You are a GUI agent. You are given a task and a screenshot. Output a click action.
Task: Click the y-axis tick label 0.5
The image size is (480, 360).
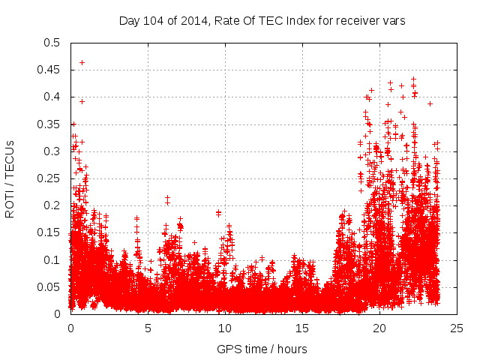pyautogui.click(x=52, y=43)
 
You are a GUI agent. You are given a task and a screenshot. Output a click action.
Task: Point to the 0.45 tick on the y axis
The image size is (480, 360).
pyautogui.click(x=50, y=70)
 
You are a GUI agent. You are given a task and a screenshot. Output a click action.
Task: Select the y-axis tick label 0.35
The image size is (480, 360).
pyautogui.click(x=50, y=124)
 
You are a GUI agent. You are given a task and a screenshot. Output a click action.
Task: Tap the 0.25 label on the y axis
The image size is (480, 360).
pyautogui.click(x=50, y=178)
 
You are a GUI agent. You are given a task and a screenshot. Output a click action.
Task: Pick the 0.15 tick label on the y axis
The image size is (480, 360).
pyautogui.click(x=50, y=232)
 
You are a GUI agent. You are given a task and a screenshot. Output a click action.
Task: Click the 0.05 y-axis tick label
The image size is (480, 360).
pyautogui.click(x=50, y=287)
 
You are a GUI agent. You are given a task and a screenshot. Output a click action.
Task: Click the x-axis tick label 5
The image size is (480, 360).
pyautogui.click(x=148, y=328)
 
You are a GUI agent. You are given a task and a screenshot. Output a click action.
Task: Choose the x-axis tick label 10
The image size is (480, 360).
pyautogui.click(x=225, y=328)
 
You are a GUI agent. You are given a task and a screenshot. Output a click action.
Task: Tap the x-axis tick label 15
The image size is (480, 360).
pyautogui.click(x=302, y=328)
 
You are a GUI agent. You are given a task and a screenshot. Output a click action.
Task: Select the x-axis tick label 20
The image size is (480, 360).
pyautogui.click(x=379, y=328)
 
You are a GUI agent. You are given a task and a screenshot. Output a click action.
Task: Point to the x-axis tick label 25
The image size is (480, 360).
pyautogui.click(x=457, y=328)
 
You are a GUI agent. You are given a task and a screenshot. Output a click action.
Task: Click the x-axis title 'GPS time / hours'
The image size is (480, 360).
pyautogui.click(x=262, y=349)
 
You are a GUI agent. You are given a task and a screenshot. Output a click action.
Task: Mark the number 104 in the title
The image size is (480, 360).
pyautogui.click(x=151, y=20)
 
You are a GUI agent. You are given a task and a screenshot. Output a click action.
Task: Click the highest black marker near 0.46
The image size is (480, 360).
pyautogui.click(x=82, y=62)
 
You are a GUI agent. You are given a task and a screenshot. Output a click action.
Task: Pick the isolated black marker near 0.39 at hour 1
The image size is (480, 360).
pyautogui.click(x=82, y=101)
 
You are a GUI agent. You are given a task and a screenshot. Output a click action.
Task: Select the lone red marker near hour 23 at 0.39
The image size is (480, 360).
pyautogui.click(x=430, y=103)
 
